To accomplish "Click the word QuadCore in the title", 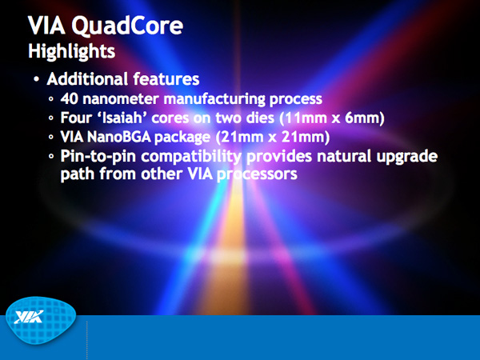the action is tap(127, 26).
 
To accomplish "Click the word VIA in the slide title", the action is tap(46, 26).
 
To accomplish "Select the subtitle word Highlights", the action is tap(72, 51).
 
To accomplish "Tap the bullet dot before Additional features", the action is tap(37, 79).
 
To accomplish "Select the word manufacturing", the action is tap(214, 99).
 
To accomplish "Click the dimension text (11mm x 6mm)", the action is tap(332, 118).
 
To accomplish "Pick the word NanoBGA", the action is tap(118, 137).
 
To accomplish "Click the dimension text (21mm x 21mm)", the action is tap(273, 137).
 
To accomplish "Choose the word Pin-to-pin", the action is tap(98, 157).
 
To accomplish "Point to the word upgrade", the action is tap(407, 157).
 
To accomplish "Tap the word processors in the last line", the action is tap(257, 174).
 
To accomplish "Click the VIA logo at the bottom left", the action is tap(41, 320).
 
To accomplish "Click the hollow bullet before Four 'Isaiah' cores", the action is tap(51, 118).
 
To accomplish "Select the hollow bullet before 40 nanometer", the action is tap(51, 99).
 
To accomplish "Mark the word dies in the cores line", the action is tap(260, 118).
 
